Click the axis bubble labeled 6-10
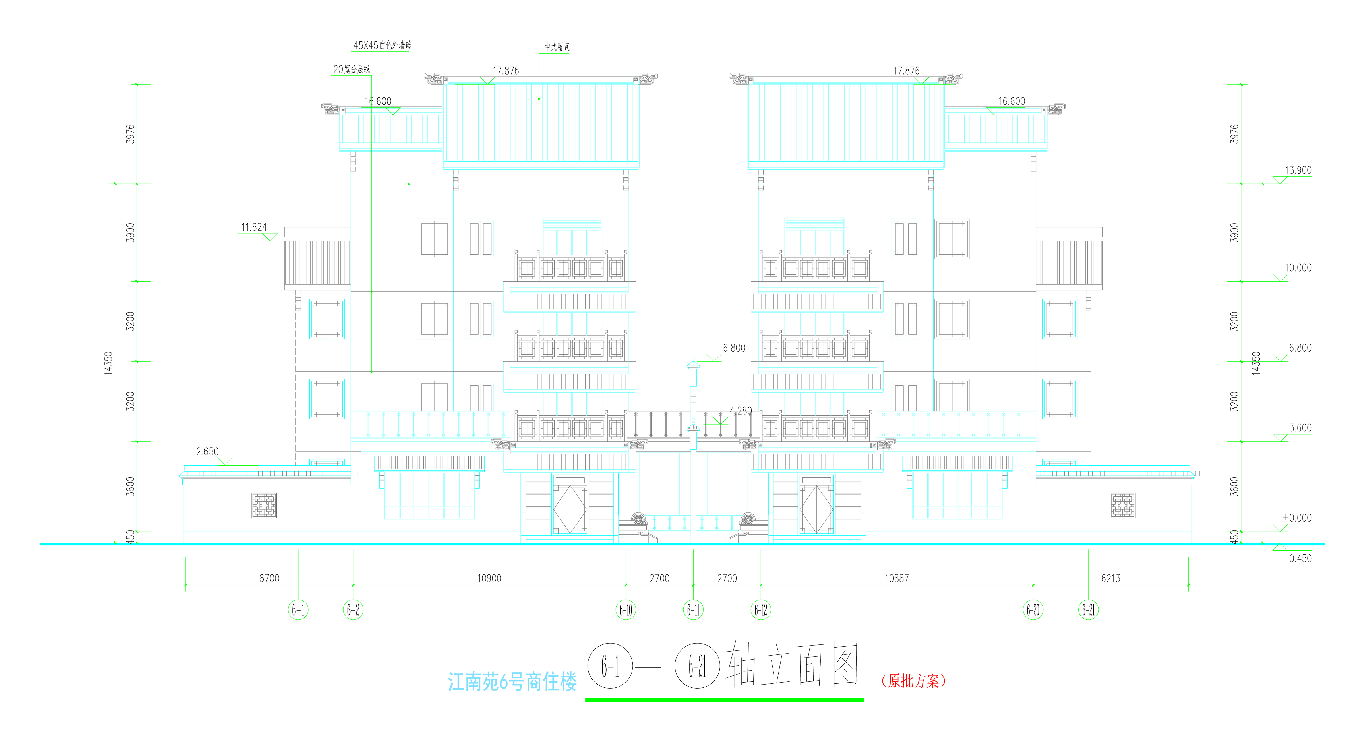pos(626,610)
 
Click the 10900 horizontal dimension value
pos(489,578)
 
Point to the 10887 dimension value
pos(897,578)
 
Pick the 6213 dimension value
pos(1111,578)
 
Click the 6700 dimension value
pos(269,578)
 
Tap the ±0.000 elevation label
pos(1297,518)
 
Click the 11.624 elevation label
pos(254,227)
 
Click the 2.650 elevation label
pos(207,452)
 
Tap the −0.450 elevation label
pos(1297,558)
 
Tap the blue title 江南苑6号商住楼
pos(512,682)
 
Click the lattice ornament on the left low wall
pos(264,505)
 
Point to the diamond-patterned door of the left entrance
pos(570,509)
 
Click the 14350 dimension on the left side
pos(109,363)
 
